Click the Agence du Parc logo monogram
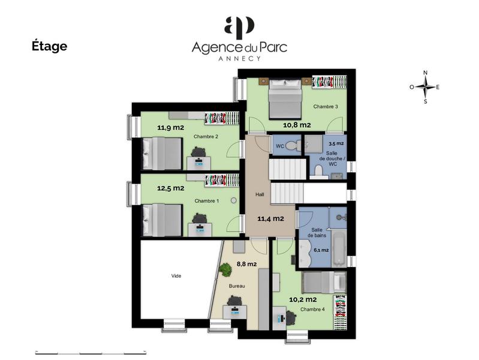(x=239, y=28)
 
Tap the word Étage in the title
(x=49, y=46)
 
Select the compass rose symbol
(x=425, y=87)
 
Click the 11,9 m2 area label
(x=171, y=127)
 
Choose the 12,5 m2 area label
(x=171, y=188)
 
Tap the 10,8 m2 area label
(x=297, y=125)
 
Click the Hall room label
(x=260, y=194)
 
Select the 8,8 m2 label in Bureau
(x=247, y=263)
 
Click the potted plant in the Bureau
(x=226, y=270)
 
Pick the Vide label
(x=176, y=276)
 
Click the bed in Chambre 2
(x=161, y=154)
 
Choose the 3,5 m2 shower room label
(x=336, y=144)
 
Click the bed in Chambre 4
(x=324, y=282)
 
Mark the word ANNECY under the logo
(x=239, y=59)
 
